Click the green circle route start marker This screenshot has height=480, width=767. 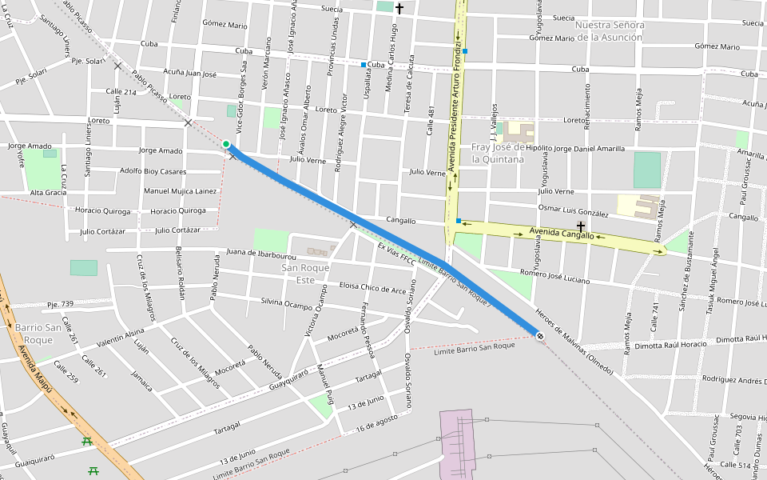pyautogui.click(x=226, y=145)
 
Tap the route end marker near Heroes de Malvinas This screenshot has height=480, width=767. pyautogui.click(x=541, y=335)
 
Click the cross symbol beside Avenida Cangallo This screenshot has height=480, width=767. pyautogui.click(x=581, y=227)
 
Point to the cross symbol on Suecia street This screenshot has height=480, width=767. pyautogui.click(x=399, y=8)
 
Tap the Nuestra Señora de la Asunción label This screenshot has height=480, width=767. pyautogui.click(x=609, y=30)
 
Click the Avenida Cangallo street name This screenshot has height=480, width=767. pyautogui.click(x=562, y=234)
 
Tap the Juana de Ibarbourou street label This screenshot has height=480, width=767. pyautogui.click(x=262, y=254)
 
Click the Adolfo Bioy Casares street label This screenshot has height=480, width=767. pyautogui.click(x=152, y=171)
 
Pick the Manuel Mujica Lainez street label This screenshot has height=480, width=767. pyautogui.click(x=180, y=191)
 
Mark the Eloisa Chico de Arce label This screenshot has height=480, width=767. pyautogui.click(x=372, y=289)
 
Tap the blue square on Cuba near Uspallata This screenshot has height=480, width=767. pyautogui.click(x=364, y=65)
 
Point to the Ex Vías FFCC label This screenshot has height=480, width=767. pyautogui.click(x=396, y=254)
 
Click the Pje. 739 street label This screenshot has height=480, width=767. pyautogui.click(x=60, y=304)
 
